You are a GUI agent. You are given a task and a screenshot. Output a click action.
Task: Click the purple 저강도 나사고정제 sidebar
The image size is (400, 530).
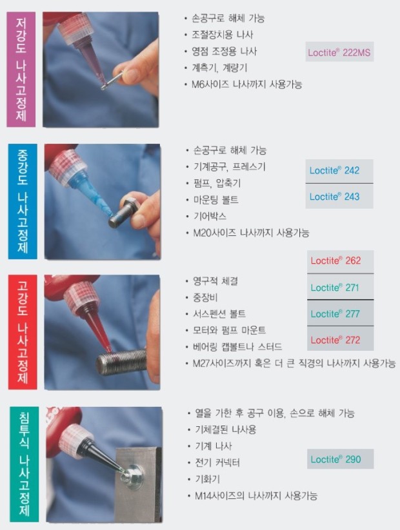click(x=21, y=69)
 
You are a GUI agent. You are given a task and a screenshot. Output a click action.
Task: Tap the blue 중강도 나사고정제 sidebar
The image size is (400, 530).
click(x=21, y=202)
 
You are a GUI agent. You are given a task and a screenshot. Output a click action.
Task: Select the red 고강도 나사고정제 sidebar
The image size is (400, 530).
click(x=21, y=332)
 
